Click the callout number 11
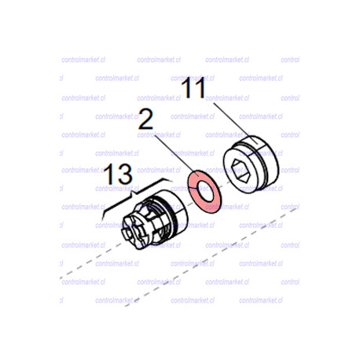[x=194, y=88]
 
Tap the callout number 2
[x=145, y=119]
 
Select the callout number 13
[x=118, y=174]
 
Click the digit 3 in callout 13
[x=125, y=174]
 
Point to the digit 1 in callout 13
[x=109, y=174]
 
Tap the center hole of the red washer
[x=205, y=192]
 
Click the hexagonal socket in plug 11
[x=240, y=171]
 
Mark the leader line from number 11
[x=232, y=122]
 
